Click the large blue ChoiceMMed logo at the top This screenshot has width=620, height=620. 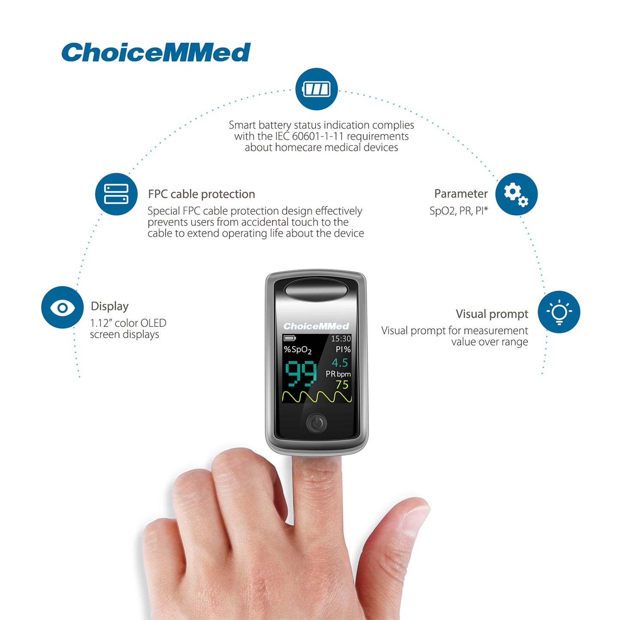(x=156, y=52)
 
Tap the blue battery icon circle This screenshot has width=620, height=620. (x=316, y=89)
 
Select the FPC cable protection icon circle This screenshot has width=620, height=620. (x=116, y=194)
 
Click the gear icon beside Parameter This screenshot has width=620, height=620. (x=516, y=194)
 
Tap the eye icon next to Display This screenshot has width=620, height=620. (x=62, y=307)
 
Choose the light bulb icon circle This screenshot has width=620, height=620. (x=559, y=312)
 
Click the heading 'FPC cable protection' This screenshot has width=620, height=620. (x=201, y=194)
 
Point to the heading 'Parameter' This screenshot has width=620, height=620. (x=461, y=194)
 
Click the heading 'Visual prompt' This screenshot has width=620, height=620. (x=492, y=314)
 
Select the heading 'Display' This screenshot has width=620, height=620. (x=109, y=306)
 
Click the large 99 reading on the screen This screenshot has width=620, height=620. (x=301, y=373)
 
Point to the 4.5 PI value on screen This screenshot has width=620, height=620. (x=340, y=363)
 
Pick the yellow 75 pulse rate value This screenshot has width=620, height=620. (x=342, y=384)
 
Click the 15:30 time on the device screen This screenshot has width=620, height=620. (x=341, y=339)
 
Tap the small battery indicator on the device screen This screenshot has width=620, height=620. (x=290, y=338)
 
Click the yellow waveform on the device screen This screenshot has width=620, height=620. (x=317, y=397)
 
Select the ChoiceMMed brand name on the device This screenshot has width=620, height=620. (x=316, y=326)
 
